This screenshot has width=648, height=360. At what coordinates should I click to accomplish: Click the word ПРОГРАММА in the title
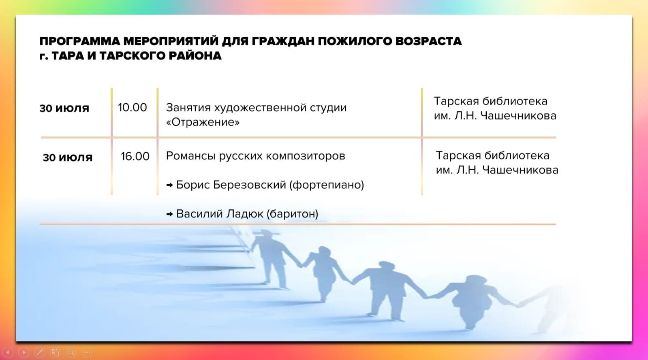pos(79,41)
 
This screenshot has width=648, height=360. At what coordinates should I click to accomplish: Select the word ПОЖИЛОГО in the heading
pos(355,41)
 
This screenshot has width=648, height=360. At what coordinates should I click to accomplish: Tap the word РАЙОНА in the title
pos(195,56)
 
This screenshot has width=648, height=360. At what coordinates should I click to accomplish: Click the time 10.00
pos(133,108)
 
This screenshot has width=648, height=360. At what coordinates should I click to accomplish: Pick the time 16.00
pos(135,156)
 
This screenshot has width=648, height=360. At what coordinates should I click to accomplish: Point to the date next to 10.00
pos(64,109)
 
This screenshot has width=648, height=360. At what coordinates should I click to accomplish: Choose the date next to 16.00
pos(68,158)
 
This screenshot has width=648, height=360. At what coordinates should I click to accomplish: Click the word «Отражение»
pos(203,122)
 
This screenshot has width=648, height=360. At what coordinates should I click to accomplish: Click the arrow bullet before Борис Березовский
pos(169,185)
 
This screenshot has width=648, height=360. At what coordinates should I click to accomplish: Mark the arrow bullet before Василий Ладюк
pos(169,214)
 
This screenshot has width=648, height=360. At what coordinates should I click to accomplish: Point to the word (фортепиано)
pos(327,185)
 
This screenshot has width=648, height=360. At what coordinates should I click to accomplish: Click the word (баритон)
pos(292,214)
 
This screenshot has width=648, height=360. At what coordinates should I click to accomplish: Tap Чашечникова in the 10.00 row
pos(518,116)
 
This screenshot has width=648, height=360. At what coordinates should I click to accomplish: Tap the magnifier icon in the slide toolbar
pos(71,352)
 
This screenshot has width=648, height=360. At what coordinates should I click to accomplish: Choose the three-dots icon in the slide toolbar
pos(87,352)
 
